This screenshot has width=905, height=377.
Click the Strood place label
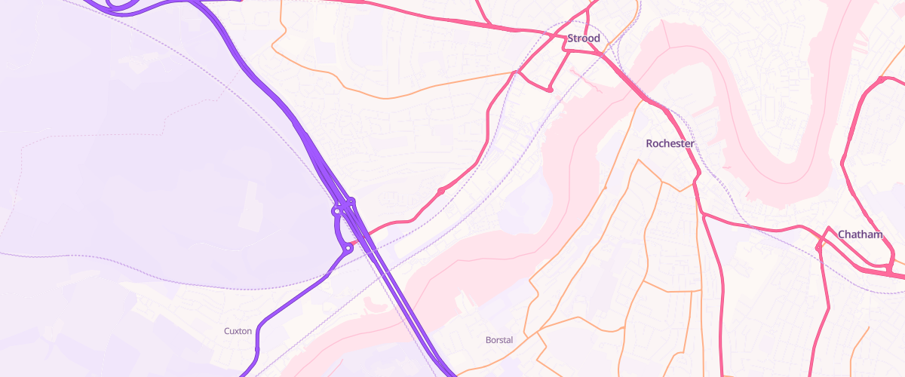click(584, 38)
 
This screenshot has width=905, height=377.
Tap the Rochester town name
click(670, 143)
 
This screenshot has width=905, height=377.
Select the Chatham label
click(860, 234)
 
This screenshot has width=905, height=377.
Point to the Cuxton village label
click(238, 331)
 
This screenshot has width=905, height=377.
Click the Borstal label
click(499, 340)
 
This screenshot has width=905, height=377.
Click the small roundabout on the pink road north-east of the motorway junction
click(440, 192)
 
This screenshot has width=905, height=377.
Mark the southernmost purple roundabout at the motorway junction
click(348, 247)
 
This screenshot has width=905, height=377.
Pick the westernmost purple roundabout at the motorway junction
click(336, 212)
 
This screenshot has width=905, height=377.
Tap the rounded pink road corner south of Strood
click(551, 90)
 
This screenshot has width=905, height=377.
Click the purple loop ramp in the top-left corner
click(121, 6)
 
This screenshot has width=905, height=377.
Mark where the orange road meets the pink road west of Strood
click(514, 73)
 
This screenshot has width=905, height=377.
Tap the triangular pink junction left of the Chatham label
click(821, 245)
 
